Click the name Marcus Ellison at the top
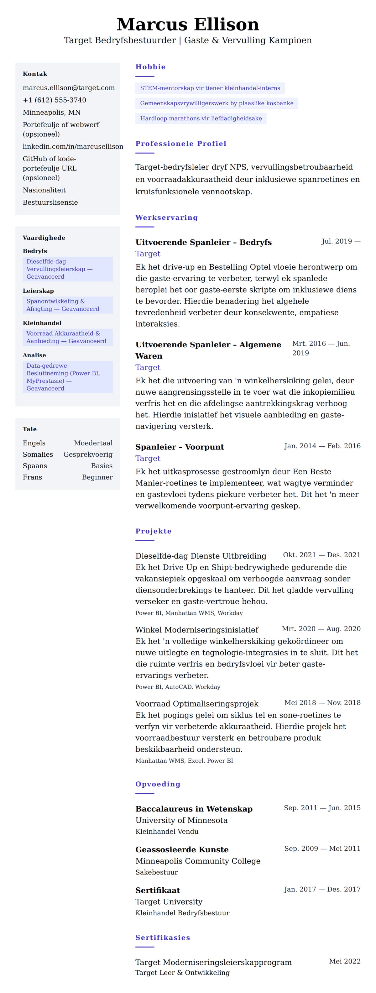(x=188, y=24)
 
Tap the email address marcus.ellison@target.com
(x=69, y=88)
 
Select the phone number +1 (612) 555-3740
(x=54, y=100)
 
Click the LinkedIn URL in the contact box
(x=73, y=146)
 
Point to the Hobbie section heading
(x=150, y=67)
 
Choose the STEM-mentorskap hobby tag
(x=210, y=88)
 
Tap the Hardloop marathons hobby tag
(x=201, y=118)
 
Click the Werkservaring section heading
(x=166, y=218)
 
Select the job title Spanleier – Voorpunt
(x=180, y=447)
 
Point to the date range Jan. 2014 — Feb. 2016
(x=322, y=446)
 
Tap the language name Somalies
(x=38, y=454)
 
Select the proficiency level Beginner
(x=97, y=477)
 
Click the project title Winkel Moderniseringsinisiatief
(x=197, y=630)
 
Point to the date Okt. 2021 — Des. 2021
(x=322, y=555)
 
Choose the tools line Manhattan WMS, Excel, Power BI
(x=184, y=761)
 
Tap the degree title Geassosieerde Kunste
(x=182, y=850)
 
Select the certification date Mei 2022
(x=345, y=961)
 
